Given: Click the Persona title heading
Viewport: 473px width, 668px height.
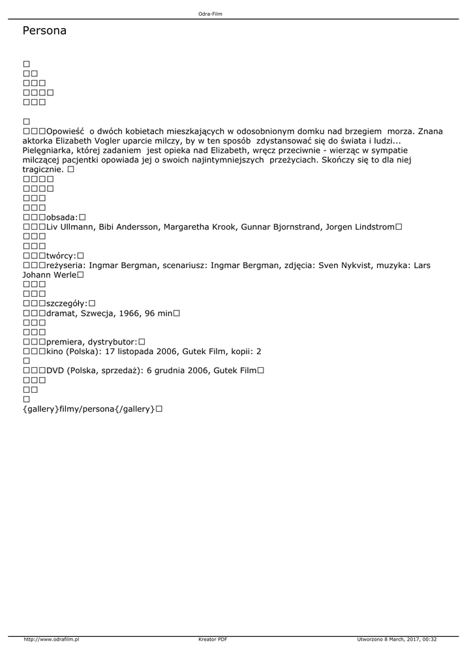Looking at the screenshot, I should click(x=44, y=31).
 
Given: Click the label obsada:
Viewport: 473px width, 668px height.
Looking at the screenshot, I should click(x=62, y=217).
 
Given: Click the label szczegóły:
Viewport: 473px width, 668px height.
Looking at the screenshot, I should click(x=67, y=303).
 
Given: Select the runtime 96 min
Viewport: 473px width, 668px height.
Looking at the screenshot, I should click(x=157, y=313).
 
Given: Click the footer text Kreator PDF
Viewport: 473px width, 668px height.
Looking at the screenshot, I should click(x=213, y=639).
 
